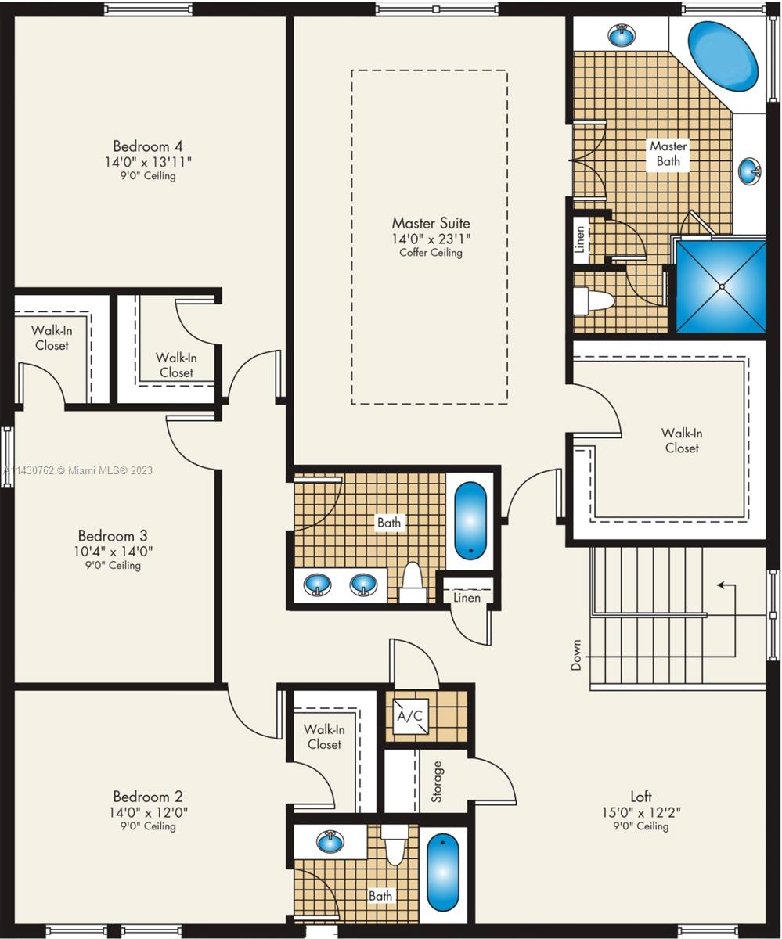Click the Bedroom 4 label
[x=148, y=146]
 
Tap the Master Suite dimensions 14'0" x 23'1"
[x=431, y=239]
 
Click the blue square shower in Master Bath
[x=721, y=286]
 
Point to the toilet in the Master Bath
[x=593, y=300]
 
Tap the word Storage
[x=437, y=782]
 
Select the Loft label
[x=641, y=797]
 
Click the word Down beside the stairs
[x=576, y=655]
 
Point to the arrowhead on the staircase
[x=721, y=585]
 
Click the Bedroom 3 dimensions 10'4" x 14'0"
[x=114, y=551]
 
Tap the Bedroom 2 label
[x=148, y=797]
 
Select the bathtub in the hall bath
[x=470, y=521]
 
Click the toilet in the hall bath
[x=413, y=582]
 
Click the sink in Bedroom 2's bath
[x=330, y=841]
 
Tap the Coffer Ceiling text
[x=431, y=252]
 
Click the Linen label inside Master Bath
[x=581, y=239]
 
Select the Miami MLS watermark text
[x=77, y=470]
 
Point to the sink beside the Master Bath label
[x=750, y=171]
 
